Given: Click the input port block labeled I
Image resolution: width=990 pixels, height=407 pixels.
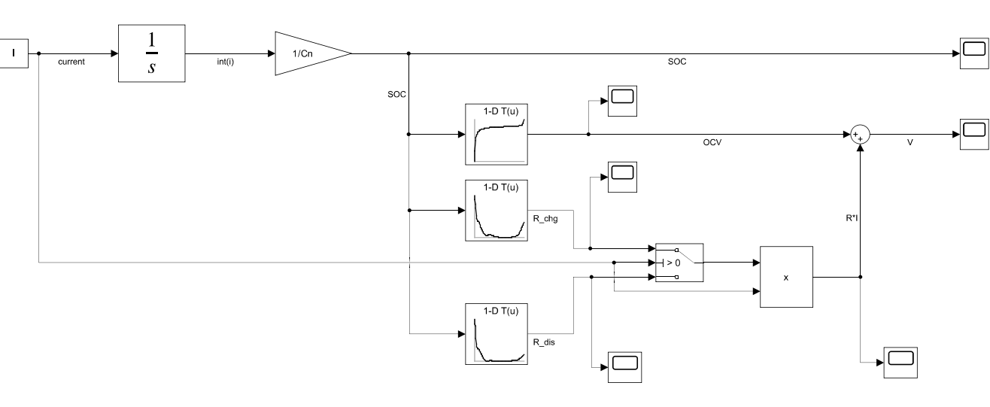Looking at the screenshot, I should point(14,54).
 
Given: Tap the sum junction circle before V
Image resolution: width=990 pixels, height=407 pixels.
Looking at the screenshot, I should point(859,135).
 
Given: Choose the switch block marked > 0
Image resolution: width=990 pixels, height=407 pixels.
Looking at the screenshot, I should point(679,263).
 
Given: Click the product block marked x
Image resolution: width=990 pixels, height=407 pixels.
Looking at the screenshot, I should point(786,277).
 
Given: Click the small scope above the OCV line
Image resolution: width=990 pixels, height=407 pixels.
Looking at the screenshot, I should point(622,99).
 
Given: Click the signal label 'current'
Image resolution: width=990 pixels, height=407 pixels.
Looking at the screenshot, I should point(71,62).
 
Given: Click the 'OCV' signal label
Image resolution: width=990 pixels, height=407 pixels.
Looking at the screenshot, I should point(701,143).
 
